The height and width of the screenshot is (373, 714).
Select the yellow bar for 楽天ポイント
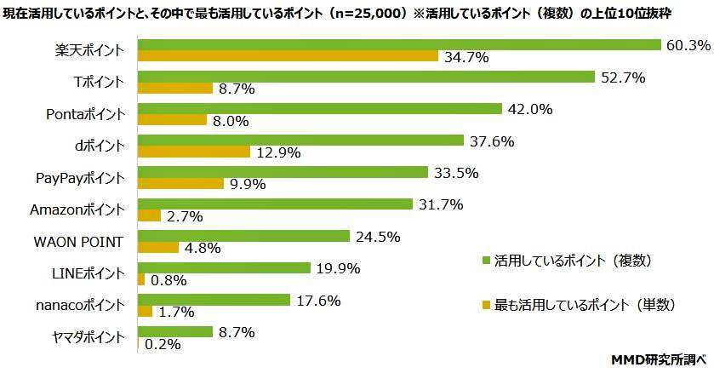coord(287,56)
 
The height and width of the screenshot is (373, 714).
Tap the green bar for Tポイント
coord(365,77)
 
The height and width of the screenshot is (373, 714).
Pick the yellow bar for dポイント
coord(193,152)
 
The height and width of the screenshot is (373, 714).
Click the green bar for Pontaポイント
coord(319,108)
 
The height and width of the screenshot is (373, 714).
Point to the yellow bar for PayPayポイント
coord(180,183)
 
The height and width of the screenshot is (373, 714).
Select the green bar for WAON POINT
coord(243,236)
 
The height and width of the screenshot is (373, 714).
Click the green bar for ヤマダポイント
coord(174,332)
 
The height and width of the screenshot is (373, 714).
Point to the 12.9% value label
coord(273,152)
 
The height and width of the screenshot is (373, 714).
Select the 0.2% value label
coord(162,344)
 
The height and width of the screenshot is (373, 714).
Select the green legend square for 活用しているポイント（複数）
coord(485,260)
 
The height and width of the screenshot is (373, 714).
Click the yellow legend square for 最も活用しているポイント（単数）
coord(485,304)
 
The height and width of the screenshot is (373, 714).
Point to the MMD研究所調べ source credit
coord(660,361)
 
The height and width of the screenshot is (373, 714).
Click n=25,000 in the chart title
coord(362,10)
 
